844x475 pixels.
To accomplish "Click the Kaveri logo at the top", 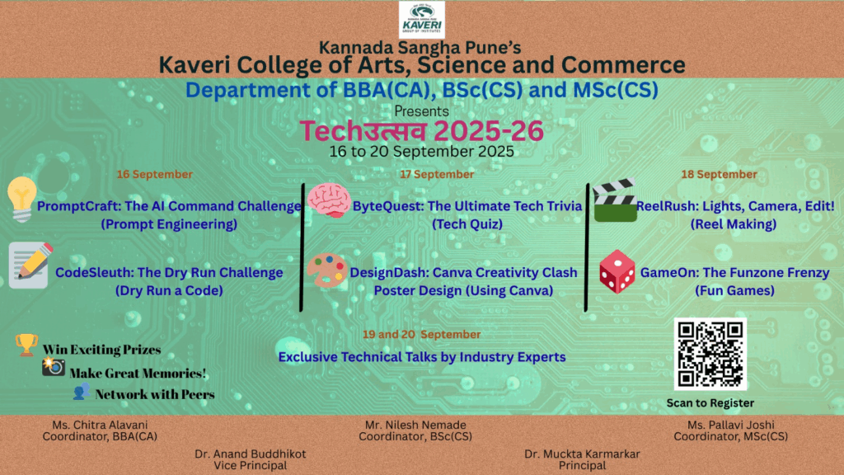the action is pyautogui.click(x=421, y=20).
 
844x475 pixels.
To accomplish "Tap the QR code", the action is pyautogui.click(x=710, y=354).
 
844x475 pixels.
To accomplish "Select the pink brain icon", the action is pyautogui.click(x=329, y=200).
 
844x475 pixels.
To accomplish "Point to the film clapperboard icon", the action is pyautogui.click(x=615, y=200).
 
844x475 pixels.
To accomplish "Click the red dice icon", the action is pyautogui.click(x=617, y=271).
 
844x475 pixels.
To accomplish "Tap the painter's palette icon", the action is pyautogui.click(x=327, y=270).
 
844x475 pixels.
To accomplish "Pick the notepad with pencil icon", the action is pyautogui.click(x=30, y=265).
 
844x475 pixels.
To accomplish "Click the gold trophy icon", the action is pyautogui.click(x=26, y=345).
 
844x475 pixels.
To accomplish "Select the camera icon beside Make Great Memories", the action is pyautogui.click(x=54, y=366).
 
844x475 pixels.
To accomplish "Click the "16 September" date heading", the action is pyautogui.click(x=154, y=175).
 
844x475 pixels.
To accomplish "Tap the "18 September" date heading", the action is pyautogui.click(x=719, y=175).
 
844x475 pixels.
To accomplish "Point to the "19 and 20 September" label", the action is pyautogui.click(x=421, y=335).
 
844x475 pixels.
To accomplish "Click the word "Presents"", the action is pyautogui.click(x=421, y=111).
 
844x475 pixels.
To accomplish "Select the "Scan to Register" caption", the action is pyautogui.click(x=710, y=402).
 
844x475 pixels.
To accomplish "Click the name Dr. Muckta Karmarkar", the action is pyautogui.click(x=583, y=454).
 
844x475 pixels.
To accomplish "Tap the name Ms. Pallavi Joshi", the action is pyautogui.click(x=731, y=425).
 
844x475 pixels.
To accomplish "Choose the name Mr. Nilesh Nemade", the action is pyautogui.click(x=415, y=425).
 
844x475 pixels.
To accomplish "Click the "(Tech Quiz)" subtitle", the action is pyautogui.click(x=467, y=224).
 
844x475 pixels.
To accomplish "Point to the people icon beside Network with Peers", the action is pyautogui.click(x=82, y=392).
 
